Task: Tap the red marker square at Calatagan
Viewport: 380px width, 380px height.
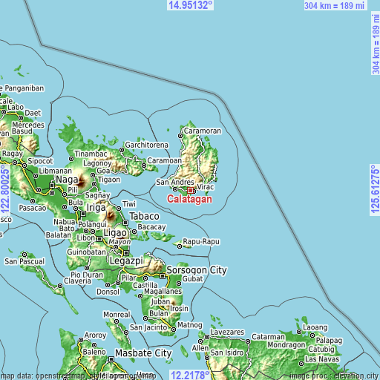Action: [x=191, y=190]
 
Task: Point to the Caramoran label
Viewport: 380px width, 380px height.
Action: [x=203, y=131]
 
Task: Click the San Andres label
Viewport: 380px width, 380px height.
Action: [x=174, y=182]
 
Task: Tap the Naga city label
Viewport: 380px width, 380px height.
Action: [x=67, y=179]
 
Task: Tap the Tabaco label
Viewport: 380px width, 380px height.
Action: [x=144, y=216]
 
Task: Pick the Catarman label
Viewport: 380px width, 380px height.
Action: [x=269, y=336]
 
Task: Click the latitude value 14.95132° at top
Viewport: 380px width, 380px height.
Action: [x=190, y=5]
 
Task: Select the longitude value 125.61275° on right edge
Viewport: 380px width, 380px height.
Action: [x=374, y=190]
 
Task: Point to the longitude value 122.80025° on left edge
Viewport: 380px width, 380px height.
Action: [x=6, y=190]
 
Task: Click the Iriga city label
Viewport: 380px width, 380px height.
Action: [x=96, y=207]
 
